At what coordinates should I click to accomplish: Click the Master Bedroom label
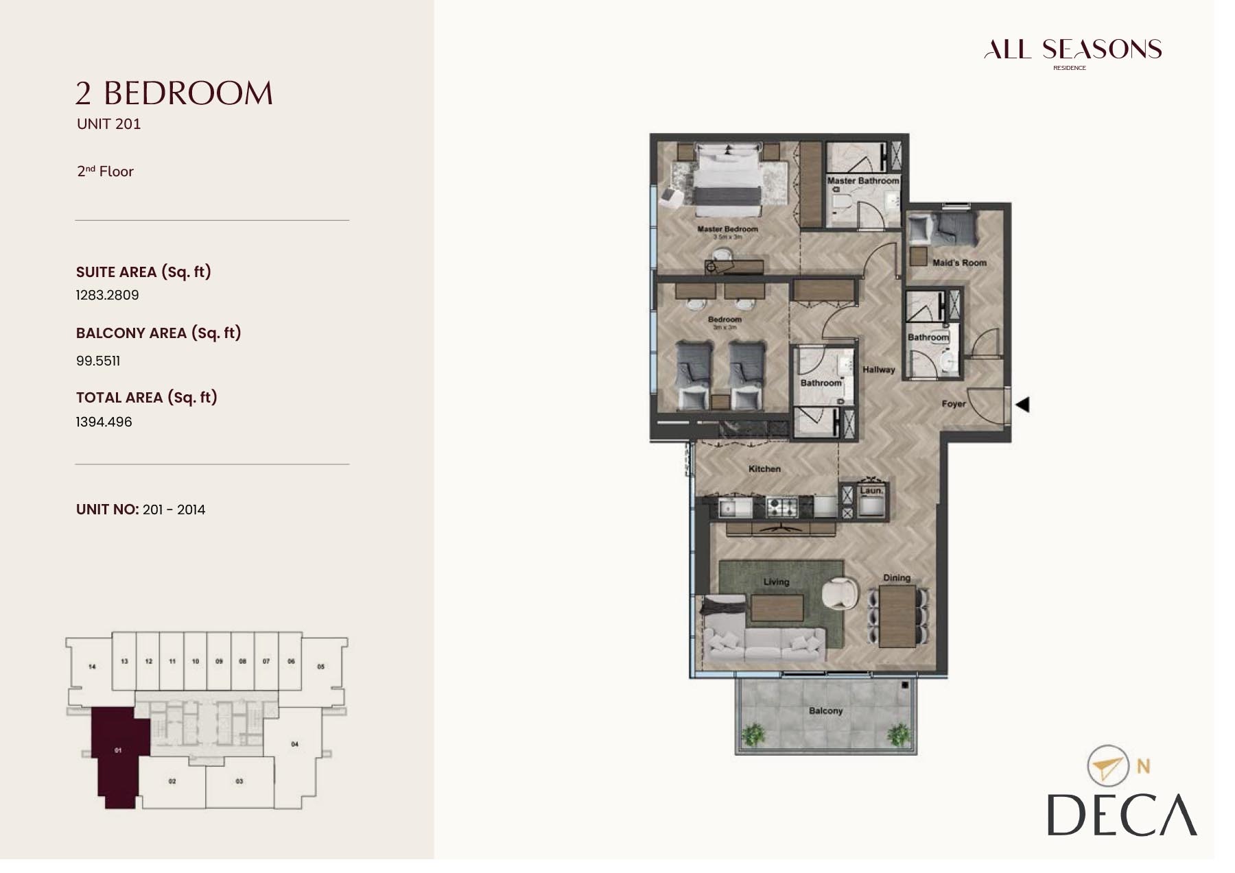tap(727, 229)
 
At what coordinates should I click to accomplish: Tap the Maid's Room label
tap(959, 263)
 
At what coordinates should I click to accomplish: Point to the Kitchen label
tap(764, 469)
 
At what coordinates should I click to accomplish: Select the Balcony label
tap(825, 711)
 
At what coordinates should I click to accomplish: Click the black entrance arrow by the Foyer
tap(1022, 405)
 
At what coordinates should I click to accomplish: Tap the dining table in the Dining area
tap(897, 616)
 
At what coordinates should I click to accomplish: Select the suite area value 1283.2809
tap(107, 295)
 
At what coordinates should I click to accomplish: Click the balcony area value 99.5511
tap(98, 361)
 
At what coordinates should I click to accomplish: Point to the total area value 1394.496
tap(104, 422)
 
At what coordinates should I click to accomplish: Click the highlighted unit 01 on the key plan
tap(118, 751)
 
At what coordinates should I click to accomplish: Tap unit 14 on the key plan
tap(92, 666)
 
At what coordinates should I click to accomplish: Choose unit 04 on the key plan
tap(294, 744)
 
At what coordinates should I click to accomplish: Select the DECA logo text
tap(1121, 815)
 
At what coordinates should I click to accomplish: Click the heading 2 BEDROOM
tap(174, 93)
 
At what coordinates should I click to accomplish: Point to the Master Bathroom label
tap(862, 181)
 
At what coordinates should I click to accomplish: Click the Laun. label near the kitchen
tap(871, 490)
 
